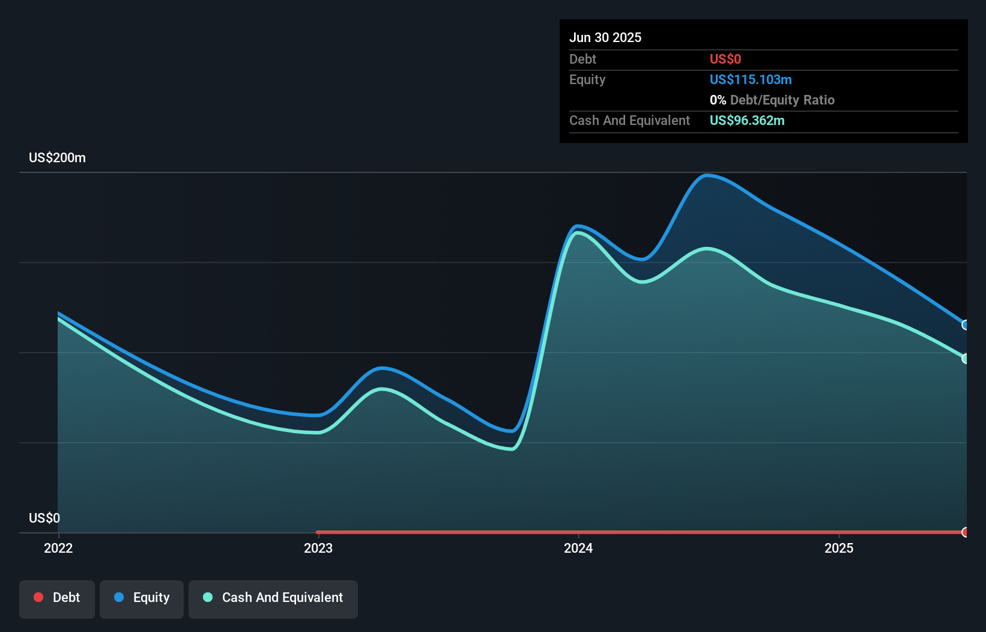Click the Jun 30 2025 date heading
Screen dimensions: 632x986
click(605, 37)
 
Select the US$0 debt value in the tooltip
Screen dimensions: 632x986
click(725, 59)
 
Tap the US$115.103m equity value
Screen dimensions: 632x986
click(750, 79)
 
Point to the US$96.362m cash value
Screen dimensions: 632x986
click(746, 120)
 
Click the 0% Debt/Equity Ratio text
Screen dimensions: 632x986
click(772, 100)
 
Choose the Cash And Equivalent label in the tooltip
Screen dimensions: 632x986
click(629, 120)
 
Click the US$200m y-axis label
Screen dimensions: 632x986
click(57, 157)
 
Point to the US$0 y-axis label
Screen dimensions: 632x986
click(44, 518)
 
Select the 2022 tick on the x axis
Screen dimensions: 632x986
click(58, 548)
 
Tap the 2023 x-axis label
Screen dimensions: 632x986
click(318, 548)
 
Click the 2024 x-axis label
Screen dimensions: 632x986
click(578, 548)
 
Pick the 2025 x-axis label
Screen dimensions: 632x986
click(839, 548)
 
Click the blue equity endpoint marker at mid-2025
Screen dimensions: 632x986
click(966, 325)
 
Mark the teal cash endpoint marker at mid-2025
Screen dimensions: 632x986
click(966, 359)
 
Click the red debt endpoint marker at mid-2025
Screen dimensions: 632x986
click(966, 532)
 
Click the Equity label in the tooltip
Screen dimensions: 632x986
click(587, 79)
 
